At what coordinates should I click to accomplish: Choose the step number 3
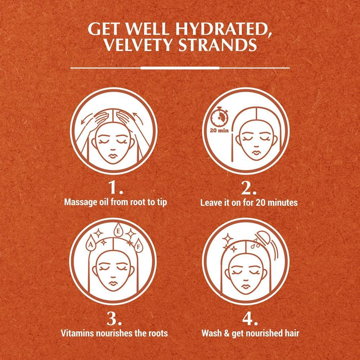114,319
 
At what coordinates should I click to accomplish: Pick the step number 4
250,319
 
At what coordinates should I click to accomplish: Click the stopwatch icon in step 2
220,116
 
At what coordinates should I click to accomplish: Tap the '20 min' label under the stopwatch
219,131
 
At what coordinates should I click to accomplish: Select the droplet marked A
91,243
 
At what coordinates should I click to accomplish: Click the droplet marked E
118,230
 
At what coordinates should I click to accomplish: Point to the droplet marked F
139,246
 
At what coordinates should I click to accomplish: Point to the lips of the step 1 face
113,156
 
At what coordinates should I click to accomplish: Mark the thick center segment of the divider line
180,68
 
